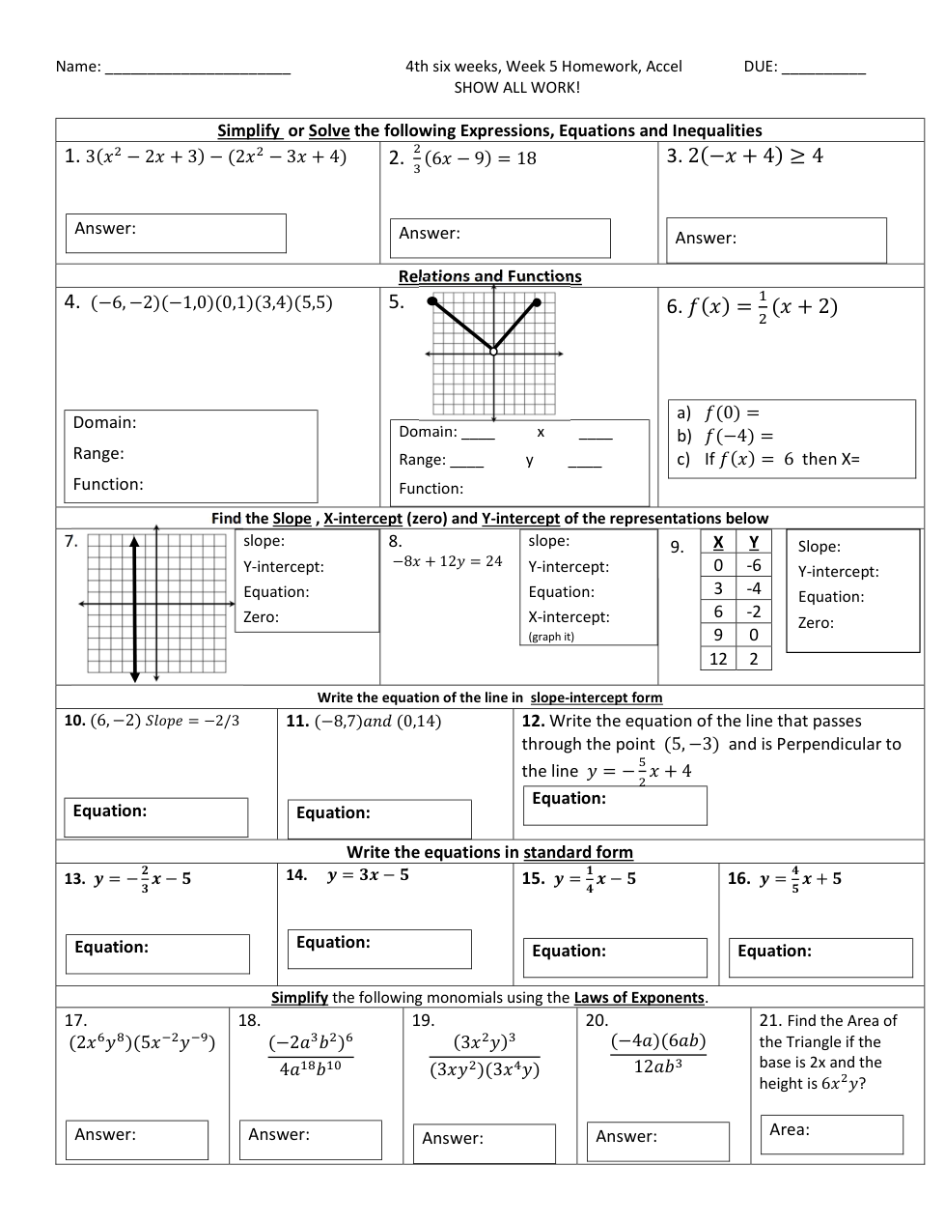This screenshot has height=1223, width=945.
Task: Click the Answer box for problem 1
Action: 176,233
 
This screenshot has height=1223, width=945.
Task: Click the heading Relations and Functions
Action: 489,276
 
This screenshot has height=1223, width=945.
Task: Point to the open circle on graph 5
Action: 493,352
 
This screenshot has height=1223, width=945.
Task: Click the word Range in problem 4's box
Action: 98,453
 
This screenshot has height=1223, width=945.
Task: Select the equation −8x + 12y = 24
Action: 447,561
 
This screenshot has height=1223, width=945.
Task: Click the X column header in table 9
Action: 718,542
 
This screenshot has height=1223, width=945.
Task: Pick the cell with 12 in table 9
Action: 718,659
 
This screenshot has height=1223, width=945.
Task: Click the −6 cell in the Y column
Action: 754,565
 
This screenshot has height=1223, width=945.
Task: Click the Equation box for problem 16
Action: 820,957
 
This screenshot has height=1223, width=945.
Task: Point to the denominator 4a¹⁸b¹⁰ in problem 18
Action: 310,1068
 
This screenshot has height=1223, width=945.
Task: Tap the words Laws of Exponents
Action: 639,998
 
